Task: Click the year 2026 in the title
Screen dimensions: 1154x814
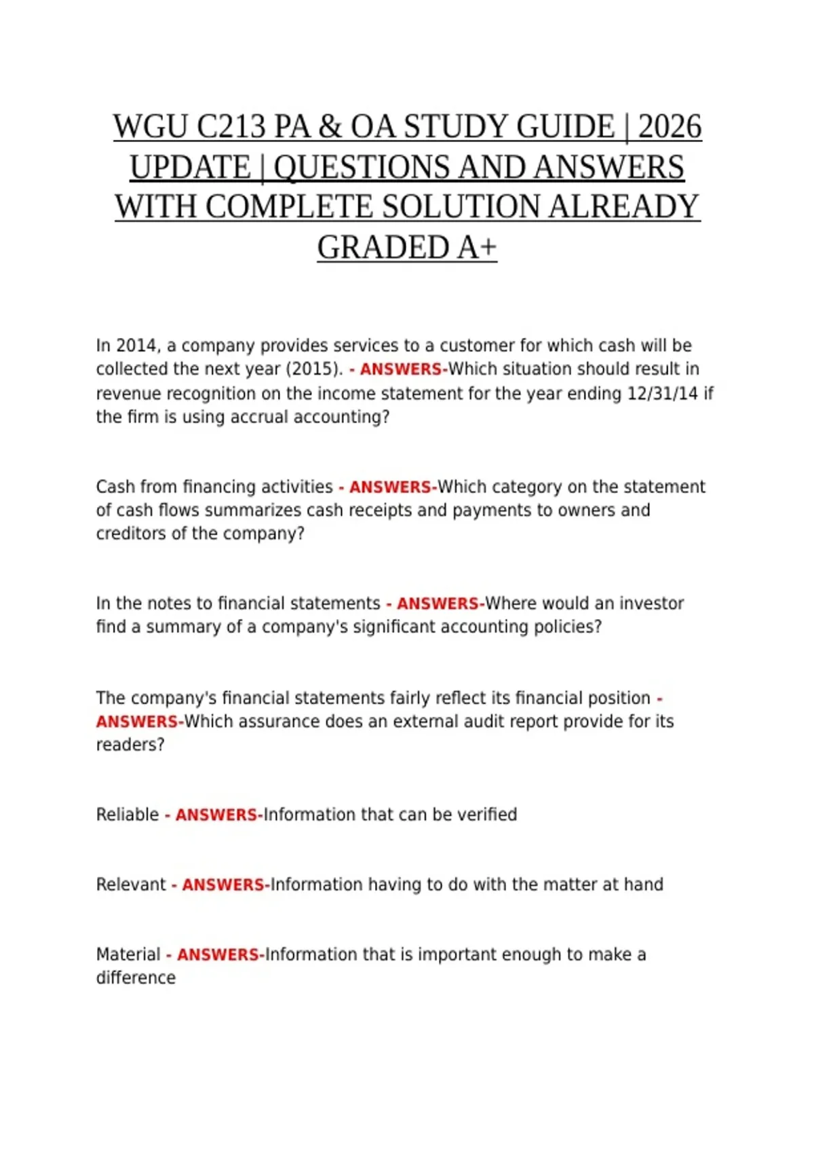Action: (670, 127)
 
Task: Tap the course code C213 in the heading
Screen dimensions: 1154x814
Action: (231, 127)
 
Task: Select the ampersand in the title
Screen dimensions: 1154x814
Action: (329, 127)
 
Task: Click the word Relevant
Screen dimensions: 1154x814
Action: (131, 885)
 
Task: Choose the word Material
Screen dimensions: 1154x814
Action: (128, 954)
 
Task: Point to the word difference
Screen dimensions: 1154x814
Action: (136, 978)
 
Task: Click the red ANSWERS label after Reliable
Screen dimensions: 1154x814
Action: (217, 815)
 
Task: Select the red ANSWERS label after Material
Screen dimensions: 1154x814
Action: (219, 954)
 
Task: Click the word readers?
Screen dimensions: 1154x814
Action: (130, 745)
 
